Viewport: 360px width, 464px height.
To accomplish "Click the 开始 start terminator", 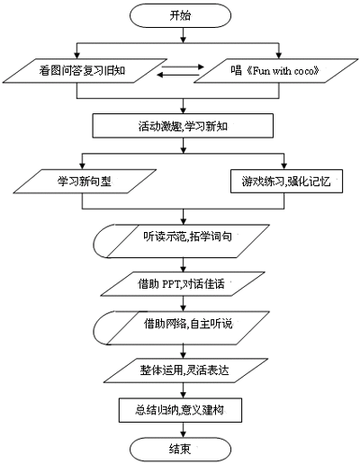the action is [180, 15].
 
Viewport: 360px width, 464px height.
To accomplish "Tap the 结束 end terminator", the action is [180, 450].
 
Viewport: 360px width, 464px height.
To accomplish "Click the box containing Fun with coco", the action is [276, 71].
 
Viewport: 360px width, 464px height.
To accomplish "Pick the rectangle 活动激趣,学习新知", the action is [183, 126].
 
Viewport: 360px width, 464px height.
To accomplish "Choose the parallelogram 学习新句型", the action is [85, 181].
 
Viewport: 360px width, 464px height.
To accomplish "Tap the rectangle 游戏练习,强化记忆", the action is [286, 181].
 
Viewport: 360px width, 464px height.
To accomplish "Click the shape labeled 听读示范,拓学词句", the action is [181, 241].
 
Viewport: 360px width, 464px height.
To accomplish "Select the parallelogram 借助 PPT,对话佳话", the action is [183, 284].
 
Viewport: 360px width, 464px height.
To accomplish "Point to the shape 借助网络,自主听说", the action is [181, 327].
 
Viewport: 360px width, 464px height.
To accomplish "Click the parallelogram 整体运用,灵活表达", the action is [185, 370].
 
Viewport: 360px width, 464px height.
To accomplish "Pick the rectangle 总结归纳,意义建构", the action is [180, 410].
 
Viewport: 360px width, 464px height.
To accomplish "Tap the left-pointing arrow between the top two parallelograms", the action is [179, 75].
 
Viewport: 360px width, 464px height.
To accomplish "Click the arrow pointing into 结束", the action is [184, 430].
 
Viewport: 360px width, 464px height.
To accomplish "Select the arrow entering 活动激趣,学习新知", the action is [184, 106].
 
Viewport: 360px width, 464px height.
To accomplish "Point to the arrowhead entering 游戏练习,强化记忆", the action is [284, 166].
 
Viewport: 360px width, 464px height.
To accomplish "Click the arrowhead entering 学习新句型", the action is [83, 165].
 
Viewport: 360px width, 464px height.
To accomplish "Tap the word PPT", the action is [171, 284].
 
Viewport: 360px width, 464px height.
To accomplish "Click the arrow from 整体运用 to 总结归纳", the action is [184, 390].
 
